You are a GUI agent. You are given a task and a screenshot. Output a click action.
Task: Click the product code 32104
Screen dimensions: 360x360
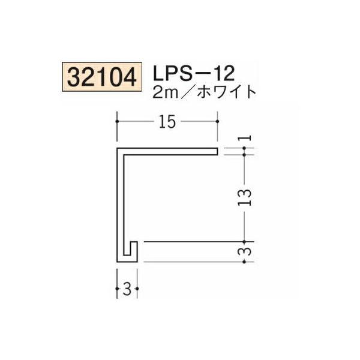pyautogui.click(x=101, y=77)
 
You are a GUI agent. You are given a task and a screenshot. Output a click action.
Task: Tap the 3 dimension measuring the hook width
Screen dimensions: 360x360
pyautogui.click(x=127, y=291)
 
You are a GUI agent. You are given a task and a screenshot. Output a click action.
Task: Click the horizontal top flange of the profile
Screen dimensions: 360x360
pyautogui.click(x=168, y=150)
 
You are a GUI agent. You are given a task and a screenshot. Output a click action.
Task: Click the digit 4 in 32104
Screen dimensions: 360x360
pyautogui.click(x=131, y=77)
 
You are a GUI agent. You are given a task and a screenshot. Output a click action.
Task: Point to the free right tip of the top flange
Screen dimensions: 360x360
pyautogui.click(x=215, y=150)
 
